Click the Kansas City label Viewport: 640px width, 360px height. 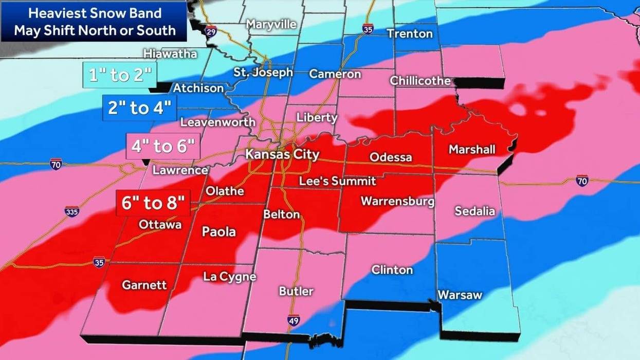point(282,154)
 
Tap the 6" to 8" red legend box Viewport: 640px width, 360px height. point(153,203)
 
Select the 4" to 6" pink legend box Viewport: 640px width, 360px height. point(162,147)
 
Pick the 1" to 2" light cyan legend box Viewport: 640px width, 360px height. point(120,76)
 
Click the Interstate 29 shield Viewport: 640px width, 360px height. point(211,32)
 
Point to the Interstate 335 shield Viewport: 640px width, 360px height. point(71,211)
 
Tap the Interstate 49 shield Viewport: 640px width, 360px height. point(293,320)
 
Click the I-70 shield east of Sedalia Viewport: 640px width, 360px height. point(582,181)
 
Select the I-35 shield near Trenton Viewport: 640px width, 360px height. point(368,29)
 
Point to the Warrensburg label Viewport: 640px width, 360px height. point(397,201)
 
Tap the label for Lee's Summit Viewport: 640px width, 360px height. point(338,181)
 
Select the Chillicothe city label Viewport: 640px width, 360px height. point(420,81)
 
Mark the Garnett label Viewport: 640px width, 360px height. point(144,285)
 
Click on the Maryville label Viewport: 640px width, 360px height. point(271,24)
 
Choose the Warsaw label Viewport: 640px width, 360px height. point(460,295)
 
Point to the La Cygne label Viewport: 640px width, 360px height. point(229,277)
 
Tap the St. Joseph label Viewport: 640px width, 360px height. point(263,73)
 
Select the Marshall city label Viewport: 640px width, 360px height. point(472,149)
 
